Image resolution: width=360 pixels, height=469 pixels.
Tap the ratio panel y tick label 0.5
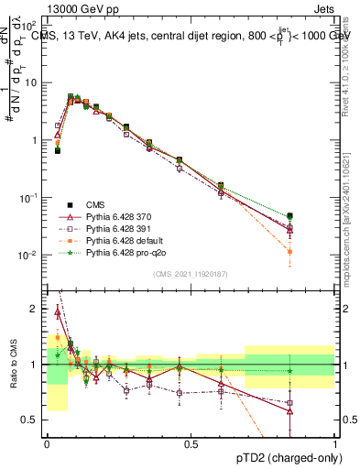[x=33, y=420]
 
